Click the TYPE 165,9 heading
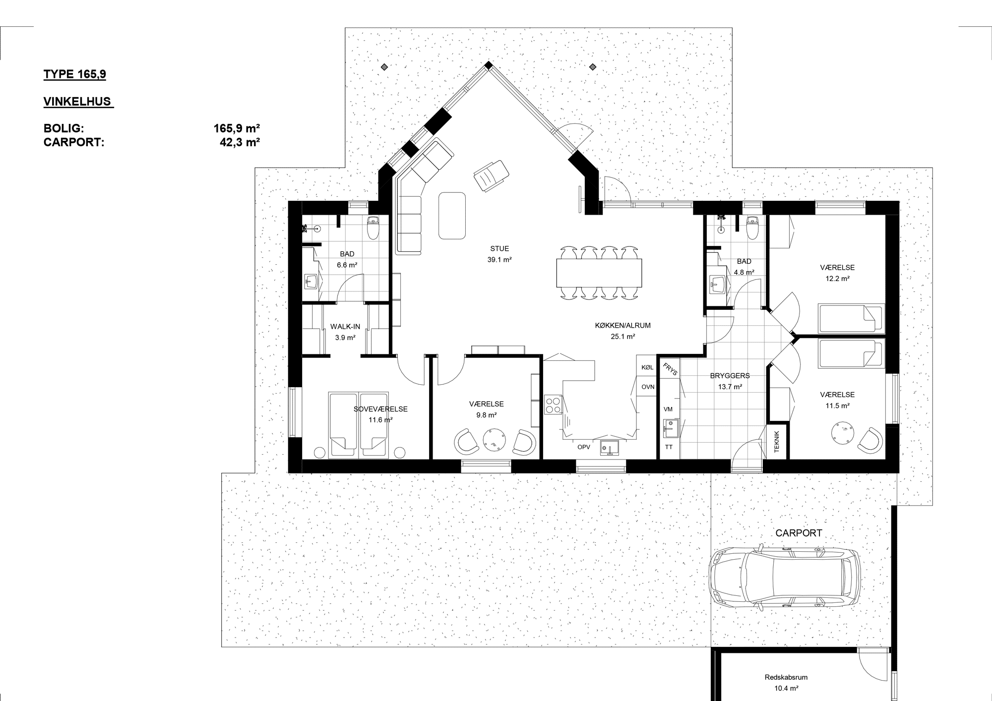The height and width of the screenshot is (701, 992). coord(75,74)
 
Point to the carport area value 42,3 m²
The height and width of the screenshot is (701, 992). coord(240,142)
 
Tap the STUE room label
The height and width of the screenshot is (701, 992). coord(499,249)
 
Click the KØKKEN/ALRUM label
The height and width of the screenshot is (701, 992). coord(622,326)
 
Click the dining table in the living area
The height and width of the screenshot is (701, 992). coord(600,273)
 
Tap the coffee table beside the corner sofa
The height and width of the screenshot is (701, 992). coord(452,215)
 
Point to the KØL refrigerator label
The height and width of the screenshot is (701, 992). coord(647,367)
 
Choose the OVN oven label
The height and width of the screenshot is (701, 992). coord(648,387)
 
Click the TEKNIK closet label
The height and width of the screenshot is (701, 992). coord(777,441)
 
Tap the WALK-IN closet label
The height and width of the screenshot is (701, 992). coord(345,327)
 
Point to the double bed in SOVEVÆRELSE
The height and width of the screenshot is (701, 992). coord(358,425)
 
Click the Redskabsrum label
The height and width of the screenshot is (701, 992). coord(786,677)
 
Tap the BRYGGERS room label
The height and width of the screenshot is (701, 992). coord(730,376)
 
